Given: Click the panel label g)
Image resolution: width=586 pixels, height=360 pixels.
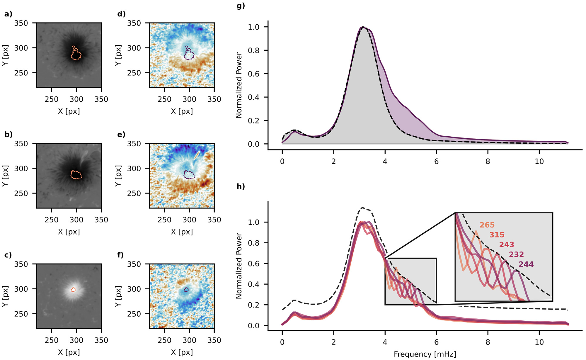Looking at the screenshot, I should click(241, 6).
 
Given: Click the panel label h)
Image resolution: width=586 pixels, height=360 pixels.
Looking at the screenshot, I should click(241, 186).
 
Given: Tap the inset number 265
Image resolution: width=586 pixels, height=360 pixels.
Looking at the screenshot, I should click(487, 225).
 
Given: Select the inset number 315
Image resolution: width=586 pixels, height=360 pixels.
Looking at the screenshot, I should click(497, 235).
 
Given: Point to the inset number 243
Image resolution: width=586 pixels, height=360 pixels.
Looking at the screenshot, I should click(507, 244).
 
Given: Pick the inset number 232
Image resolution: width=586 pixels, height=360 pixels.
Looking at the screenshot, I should click(516, 254).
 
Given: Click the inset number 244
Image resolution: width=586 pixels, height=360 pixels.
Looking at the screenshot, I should click(526, 264).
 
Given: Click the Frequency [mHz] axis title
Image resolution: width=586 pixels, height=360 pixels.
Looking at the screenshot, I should click(425, 354).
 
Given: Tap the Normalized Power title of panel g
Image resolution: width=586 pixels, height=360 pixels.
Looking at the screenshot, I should click(239, 85).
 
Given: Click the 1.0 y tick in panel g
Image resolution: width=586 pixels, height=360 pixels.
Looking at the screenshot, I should click(253, 27).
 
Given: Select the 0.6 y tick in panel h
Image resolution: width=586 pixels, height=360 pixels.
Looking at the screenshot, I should click(253, 264).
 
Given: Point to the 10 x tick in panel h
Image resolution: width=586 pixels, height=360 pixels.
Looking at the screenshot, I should click(539, 342).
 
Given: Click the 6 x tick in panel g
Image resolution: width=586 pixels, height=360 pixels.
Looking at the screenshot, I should click(436, 161).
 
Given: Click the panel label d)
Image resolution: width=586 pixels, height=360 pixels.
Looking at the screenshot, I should click(121, 14).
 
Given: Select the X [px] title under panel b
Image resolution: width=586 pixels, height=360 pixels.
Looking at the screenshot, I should click(69, 232).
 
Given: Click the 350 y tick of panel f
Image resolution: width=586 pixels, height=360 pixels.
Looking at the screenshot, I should click(134, 264).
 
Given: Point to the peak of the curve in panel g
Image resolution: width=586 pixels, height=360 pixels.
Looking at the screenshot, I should click(363, 27).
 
